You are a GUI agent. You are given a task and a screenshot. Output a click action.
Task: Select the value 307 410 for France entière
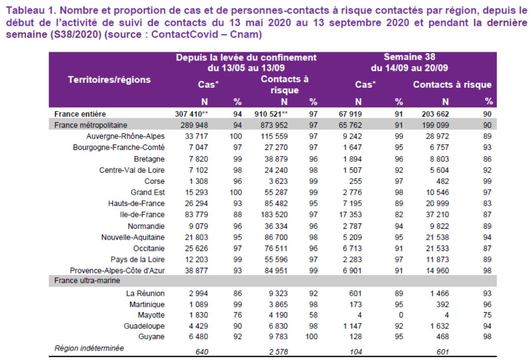pyautogui.click(x=189, y=114)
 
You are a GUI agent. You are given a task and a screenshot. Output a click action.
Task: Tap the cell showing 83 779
pyautogui.click(x=196, y=215)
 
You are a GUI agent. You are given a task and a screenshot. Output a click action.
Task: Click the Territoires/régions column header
pyautogui.click(x=109, y=80)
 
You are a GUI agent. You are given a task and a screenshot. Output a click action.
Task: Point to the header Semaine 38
pyautogui.click(x=410, y=57)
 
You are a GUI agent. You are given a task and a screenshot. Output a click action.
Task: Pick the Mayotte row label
pyautogui.click(x=151, y=315)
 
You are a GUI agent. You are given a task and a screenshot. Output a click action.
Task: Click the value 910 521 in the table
pyautogui.click(x=268, y=114)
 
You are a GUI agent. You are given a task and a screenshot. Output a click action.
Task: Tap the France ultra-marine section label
pyautogui.click(x=87, y=281)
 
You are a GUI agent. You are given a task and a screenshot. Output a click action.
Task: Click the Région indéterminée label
pyautogui.click(x=89, y=348)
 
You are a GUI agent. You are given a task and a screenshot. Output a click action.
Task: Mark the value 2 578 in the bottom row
pyautogui.click(x=279, y=352)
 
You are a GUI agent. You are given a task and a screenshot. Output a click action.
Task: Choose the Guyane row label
pyautogui.click(x=151, y=337)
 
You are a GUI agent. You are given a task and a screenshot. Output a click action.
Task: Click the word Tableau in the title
pyautogui.click(x=26, y=10)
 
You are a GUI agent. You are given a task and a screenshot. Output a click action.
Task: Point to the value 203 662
pyautogui.click(x=435, y=114)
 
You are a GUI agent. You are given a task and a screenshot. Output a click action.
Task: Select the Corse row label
pyautogui.click(x=154, y=181)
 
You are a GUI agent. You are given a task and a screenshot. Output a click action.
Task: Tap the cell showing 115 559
pyautogui.click(x=274, y=137)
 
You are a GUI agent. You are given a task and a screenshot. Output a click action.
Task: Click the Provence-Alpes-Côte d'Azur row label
pyautogui.click(x=117, y=271)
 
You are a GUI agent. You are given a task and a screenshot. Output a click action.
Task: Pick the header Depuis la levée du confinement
pyautogui.click(x=246, y=58)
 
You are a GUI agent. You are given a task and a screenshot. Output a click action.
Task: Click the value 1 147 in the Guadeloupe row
pyautogui.click(x=353, y=326)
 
